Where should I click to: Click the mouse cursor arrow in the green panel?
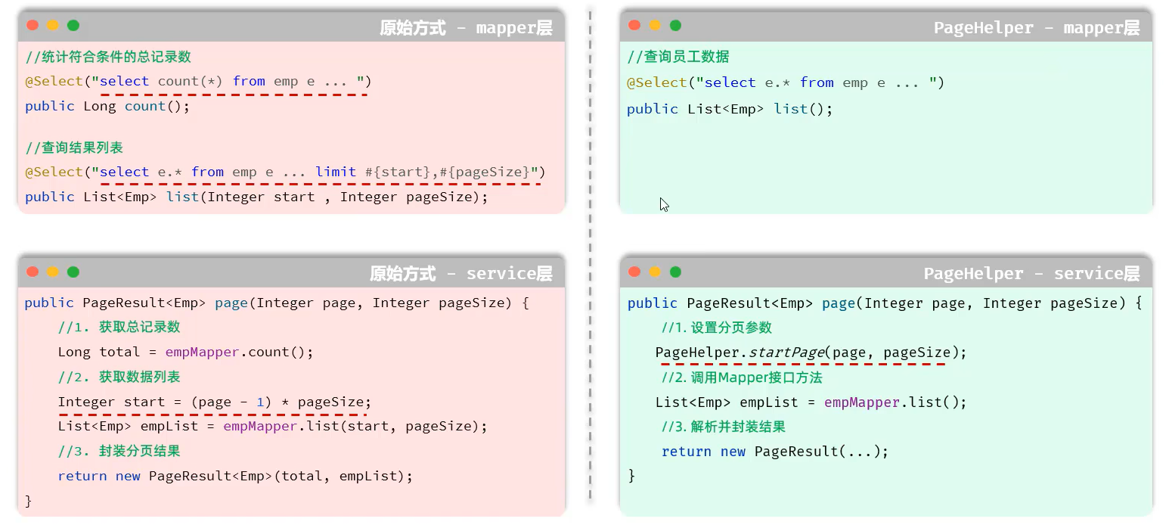(664, 204)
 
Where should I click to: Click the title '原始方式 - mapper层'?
(466, 28)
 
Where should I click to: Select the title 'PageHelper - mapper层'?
(1036, 28)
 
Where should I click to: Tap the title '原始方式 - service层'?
(460, 273)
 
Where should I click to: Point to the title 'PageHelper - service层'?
(1031, 273)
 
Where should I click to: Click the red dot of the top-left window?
(33, 25)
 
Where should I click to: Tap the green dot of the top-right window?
(675, 25)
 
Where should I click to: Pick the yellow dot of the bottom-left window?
(53, 272)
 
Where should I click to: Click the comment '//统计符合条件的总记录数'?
(108, 57)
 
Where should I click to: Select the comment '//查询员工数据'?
(678, 57)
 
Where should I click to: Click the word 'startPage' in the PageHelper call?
(786, 353)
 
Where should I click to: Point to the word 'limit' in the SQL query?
(336, 172)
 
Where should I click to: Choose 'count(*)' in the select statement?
(190, 81)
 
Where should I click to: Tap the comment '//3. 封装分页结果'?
(119, 451)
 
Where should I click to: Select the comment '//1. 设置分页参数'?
(716, 328)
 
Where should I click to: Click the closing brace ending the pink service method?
(29, 501)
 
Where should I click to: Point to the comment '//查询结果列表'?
(74, 148)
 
